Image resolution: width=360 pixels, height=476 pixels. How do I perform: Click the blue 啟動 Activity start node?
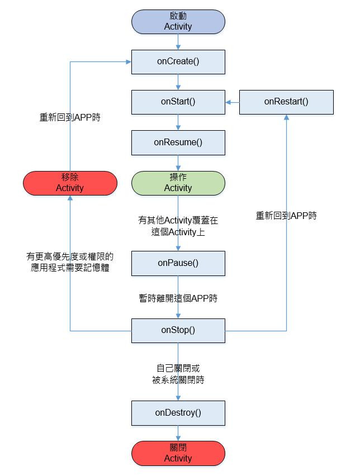tap(178, 21)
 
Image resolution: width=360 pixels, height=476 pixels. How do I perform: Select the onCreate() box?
tap(178, 61)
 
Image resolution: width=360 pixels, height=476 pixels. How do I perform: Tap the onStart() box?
tap(178, 102)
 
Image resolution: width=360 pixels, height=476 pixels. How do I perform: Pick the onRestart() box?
tap(286, 102)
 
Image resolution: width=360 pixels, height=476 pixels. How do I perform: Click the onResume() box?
tap(178, 142)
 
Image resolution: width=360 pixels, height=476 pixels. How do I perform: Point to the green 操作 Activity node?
tap(178, 183)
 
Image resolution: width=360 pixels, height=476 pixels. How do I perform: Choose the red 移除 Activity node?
tap(70, 183)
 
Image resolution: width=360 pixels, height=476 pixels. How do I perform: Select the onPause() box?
tap(178, 263)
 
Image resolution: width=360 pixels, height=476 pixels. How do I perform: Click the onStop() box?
tap(178, 330)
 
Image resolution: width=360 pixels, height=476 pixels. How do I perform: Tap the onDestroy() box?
tap(178, 413)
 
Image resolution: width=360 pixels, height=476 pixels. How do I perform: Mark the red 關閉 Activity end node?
tap(178, 453)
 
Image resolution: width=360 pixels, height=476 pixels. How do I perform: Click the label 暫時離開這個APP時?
tap(178, 298)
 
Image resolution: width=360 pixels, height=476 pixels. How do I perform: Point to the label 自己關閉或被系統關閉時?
tap(178, 374)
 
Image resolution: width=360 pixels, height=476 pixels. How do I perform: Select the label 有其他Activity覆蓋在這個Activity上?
tap(178, 226)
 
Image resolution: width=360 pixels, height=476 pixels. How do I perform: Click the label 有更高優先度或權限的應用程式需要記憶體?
tap(70, 262)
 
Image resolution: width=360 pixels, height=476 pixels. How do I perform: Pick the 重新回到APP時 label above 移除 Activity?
tap(70, 118)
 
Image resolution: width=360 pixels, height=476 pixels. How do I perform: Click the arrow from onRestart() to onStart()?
tap(233, 102)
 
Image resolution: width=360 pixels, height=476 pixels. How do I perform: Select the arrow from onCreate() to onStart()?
tap(178, 82)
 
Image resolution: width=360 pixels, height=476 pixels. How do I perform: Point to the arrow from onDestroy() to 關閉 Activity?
tap(178, 433)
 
